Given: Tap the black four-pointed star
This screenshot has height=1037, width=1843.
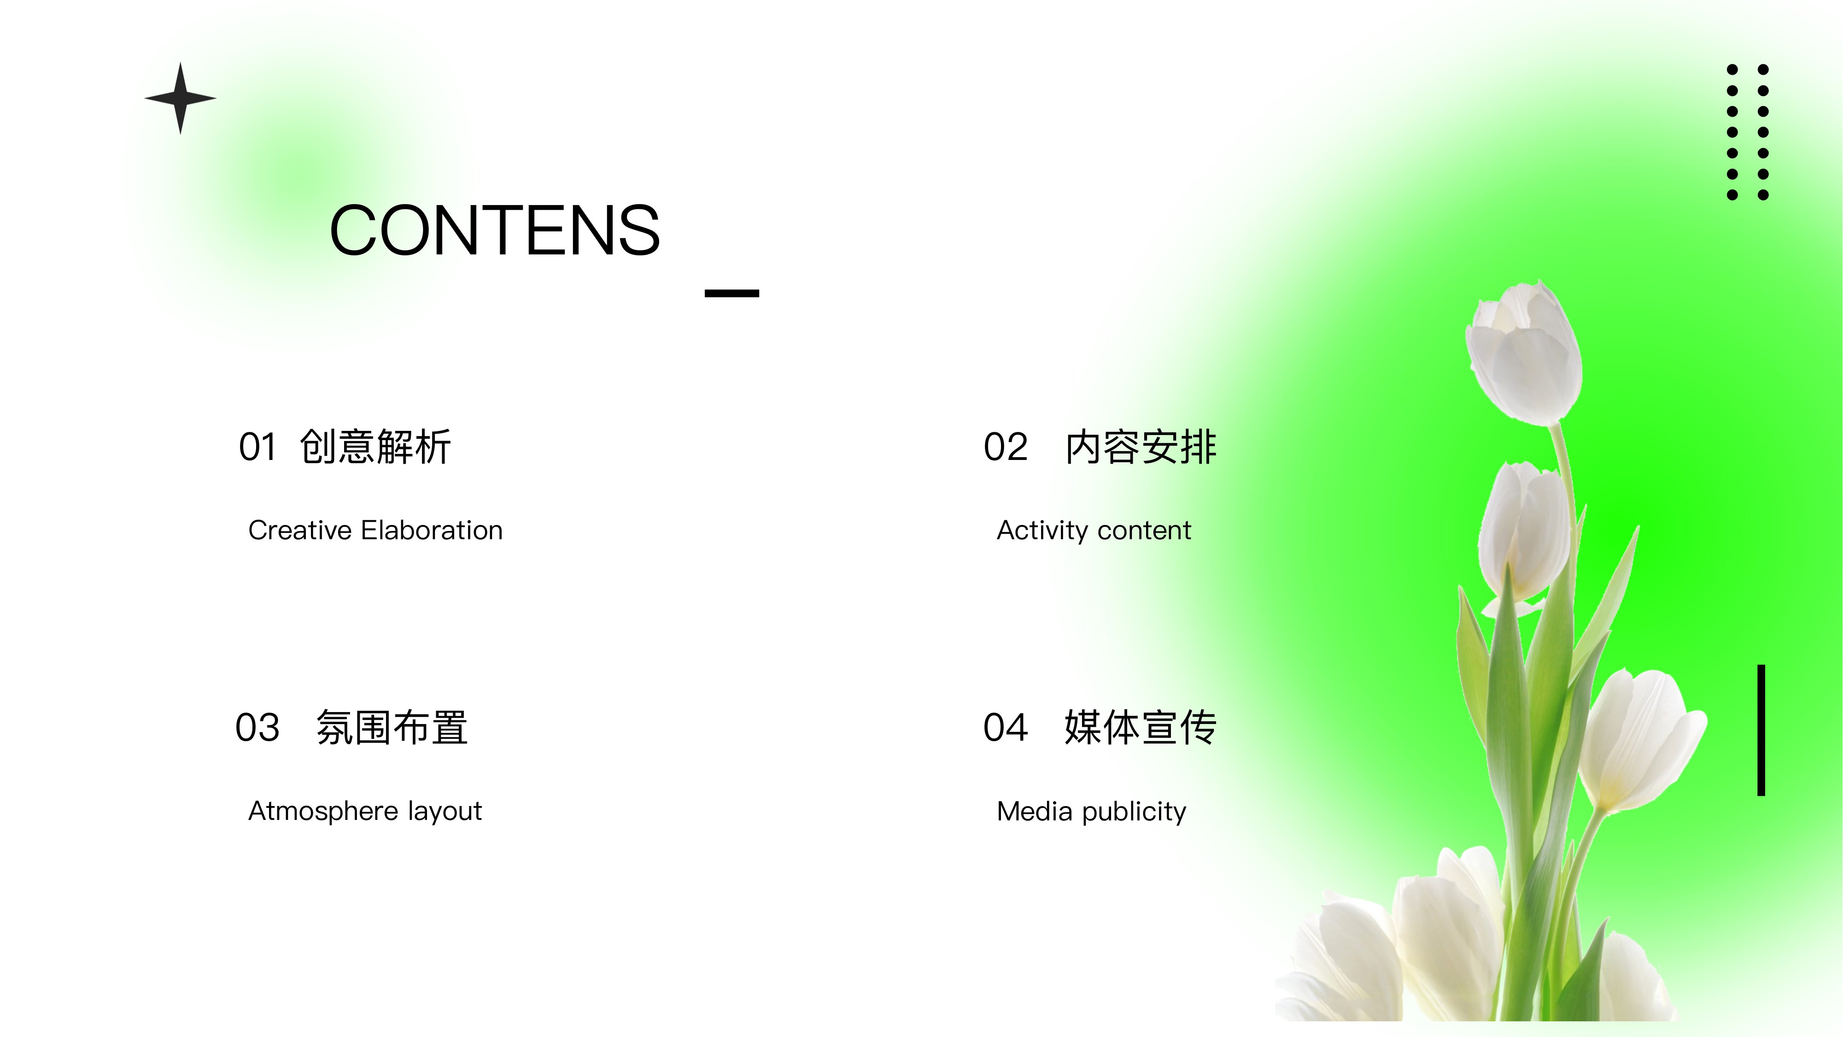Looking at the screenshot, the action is pos(180,98).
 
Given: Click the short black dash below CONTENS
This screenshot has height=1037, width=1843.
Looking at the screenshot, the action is pos(732,293).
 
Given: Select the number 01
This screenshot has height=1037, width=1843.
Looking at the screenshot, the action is pos(257,447).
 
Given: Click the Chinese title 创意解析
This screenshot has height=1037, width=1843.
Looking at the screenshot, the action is pos(375,447).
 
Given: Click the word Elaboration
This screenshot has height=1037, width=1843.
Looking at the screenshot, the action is pos(432,530).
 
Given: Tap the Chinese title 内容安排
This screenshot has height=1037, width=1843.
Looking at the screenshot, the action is pos(1141,447).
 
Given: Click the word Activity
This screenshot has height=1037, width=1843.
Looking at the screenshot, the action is pos(1043,531).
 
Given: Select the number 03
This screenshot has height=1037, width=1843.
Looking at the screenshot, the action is pos(257,728).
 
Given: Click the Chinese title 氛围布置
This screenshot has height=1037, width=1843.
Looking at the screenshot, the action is pos(392,728).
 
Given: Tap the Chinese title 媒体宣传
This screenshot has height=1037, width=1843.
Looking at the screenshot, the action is pos(1141,728).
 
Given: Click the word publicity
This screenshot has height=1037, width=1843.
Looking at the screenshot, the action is pos(1134,812).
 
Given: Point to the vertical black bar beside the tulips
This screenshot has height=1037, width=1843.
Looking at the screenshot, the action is pos(1761,730).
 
